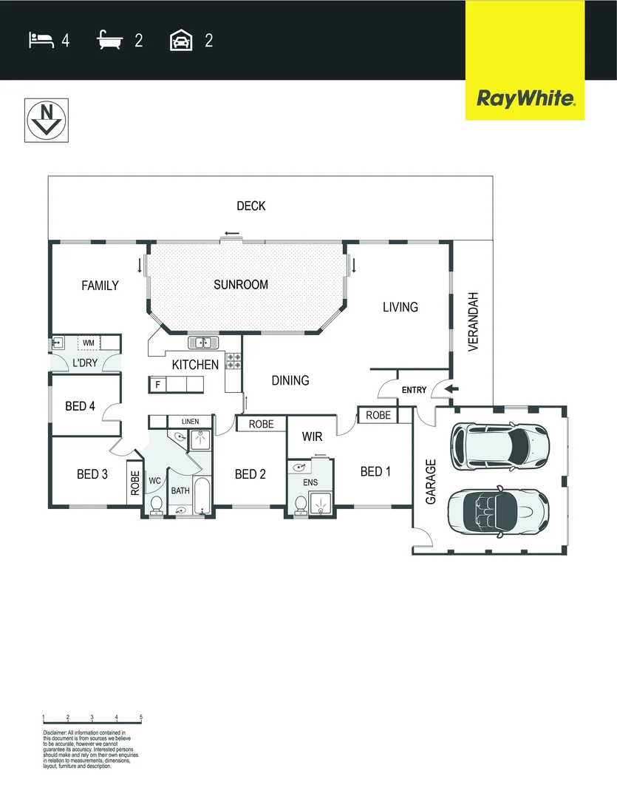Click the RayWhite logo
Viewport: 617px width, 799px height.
click(525, 98)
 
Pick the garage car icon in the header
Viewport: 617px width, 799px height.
click(182, 40)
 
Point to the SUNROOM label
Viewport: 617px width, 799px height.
click(241, 284)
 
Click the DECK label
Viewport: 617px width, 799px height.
click(251, 206)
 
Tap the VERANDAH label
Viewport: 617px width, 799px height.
click(474, 323)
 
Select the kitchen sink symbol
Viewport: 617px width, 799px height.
click(201, 343)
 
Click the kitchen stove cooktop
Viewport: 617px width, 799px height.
click(233, 360)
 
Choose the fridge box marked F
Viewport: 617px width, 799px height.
click(157, 385)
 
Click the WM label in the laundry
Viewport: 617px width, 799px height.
click(89, 343)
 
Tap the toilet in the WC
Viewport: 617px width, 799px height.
click(157, 505)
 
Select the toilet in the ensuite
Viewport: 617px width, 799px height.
click(301, 504)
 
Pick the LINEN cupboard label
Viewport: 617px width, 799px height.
click(190, 422)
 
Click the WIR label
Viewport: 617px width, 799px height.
click(313, 437)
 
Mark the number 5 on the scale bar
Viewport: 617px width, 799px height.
click(140, 718)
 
